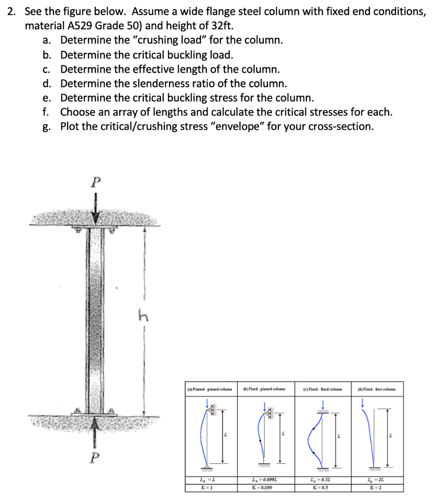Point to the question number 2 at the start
click(11, 11)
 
